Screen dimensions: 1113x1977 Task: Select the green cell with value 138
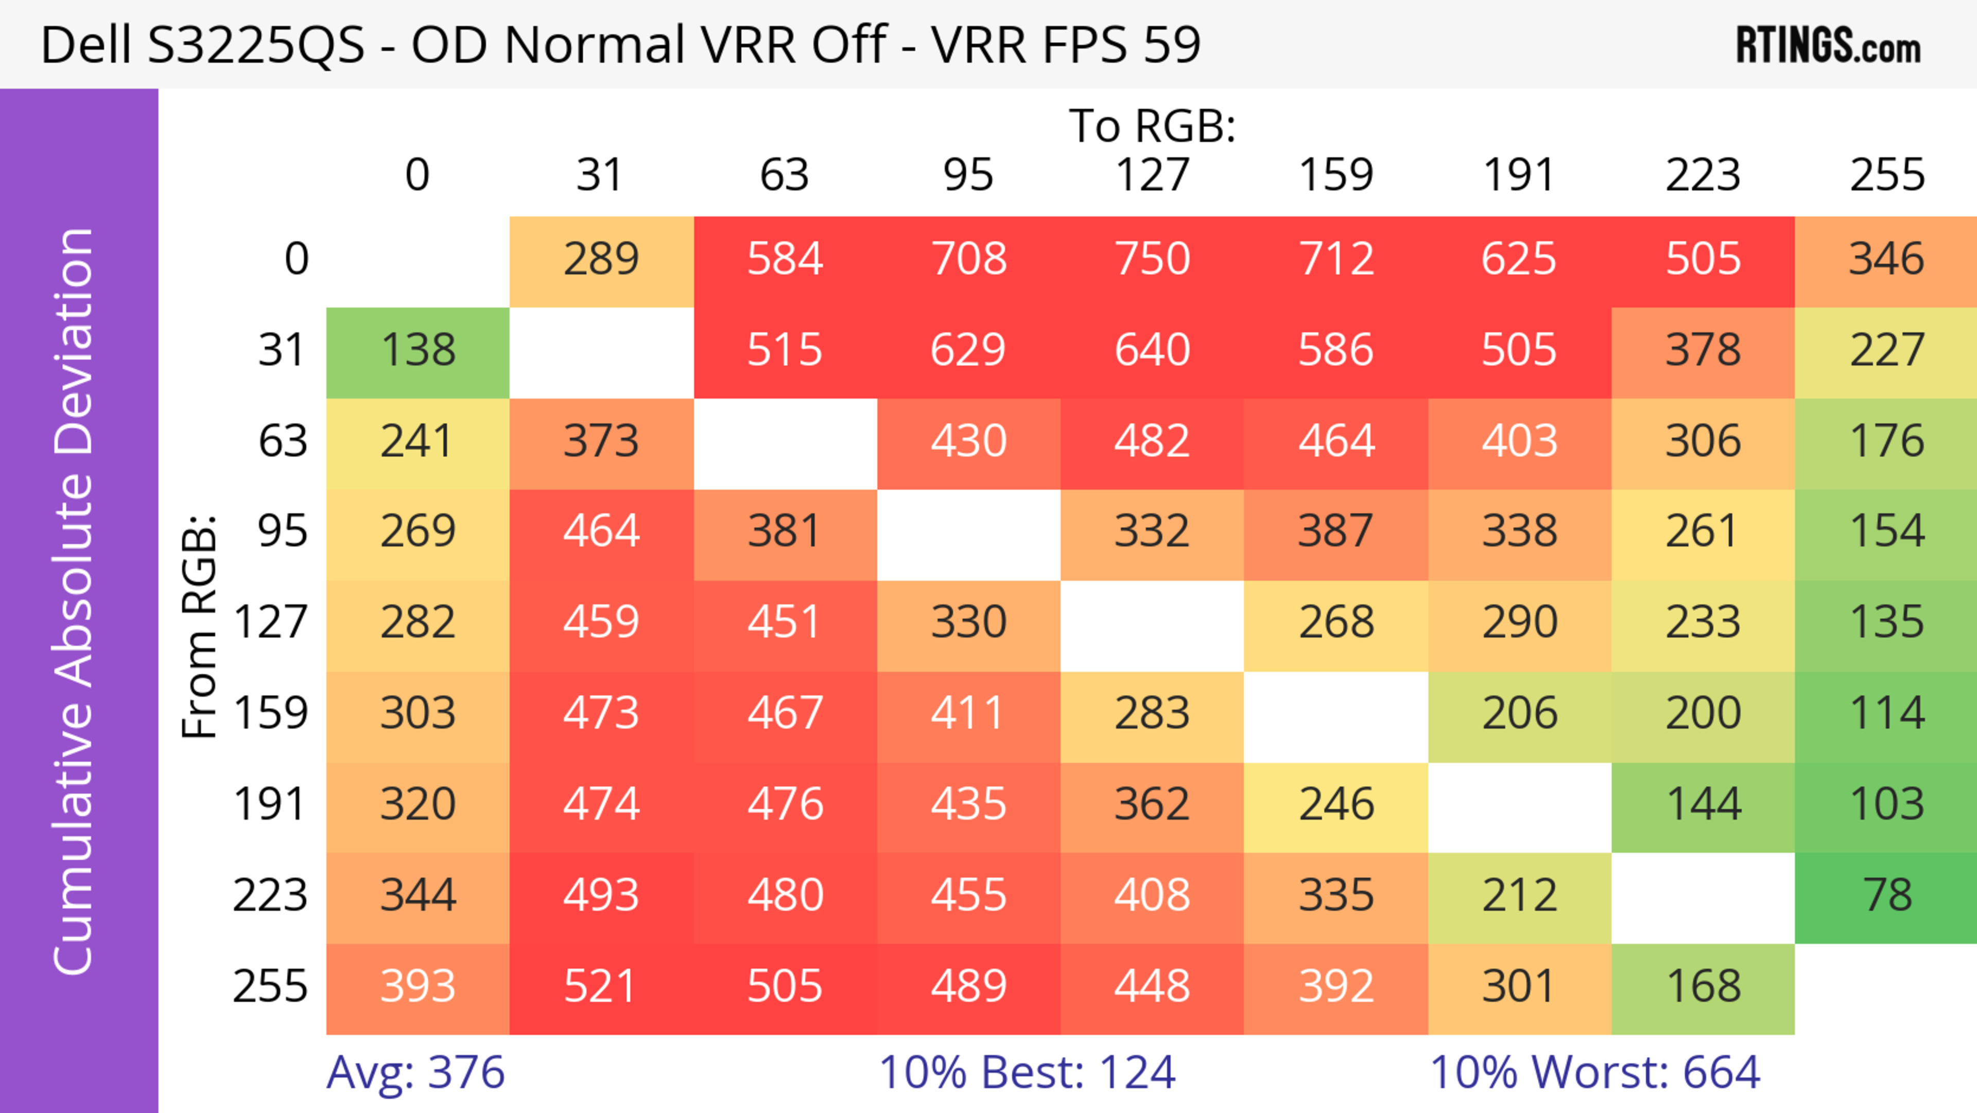tap(418, 350)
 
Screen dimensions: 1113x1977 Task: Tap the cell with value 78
tap(1886, 895)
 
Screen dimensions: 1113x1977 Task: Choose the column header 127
tap(1152, 175)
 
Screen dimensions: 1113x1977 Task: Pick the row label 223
tap(270, 895)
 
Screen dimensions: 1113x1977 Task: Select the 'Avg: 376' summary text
tap(415, 1072)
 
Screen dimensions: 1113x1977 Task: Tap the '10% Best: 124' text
tap(1027, 1072)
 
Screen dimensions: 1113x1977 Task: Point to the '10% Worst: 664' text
tap(1595, 1072)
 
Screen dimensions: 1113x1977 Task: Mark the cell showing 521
tap(600, 986)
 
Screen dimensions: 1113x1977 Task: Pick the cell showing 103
tap(1886, 804)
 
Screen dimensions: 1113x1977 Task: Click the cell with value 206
tap(1519, 714)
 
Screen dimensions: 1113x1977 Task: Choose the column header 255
tap(1886, 175)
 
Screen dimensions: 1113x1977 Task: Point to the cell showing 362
tap(1152, 804)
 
